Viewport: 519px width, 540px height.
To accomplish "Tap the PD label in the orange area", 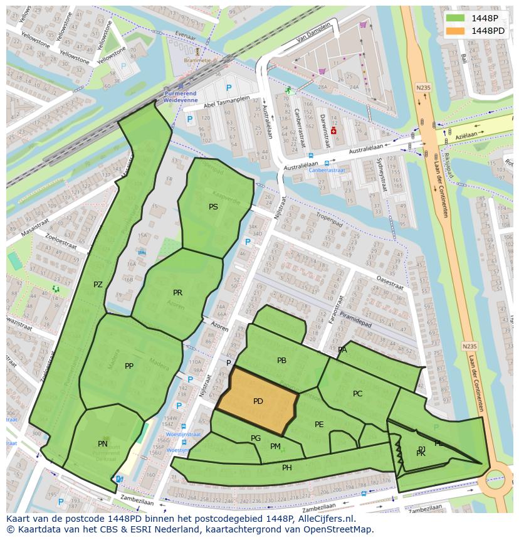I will [x=258, y=401].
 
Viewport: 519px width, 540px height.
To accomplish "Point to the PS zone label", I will [x=214, y=206].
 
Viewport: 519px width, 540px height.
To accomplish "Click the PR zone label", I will [x=178, y=293].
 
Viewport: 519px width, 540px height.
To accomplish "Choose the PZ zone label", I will [x=98, y=285].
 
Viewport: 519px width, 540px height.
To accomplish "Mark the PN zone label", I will [x=103, y=444].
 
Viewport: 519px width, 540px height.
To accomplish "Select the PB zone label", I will [x=281, y=361].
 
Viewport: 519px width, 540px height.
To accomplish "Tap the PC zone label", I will [x=357, y=394].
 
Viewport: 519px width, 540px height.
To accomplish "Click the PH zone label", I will [x=287, y=468].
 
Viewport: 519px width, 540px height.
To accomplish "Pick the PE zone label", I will [x=319, y=425].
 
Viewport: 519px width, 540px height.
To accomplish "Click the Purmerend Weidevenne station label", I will [x=181, y=96].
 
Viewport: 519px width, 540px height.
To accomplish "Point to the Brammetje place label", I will [x=197, y=60].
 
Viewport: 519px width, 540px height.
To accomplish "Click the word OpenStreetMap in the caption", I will [x=341, y=529].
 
